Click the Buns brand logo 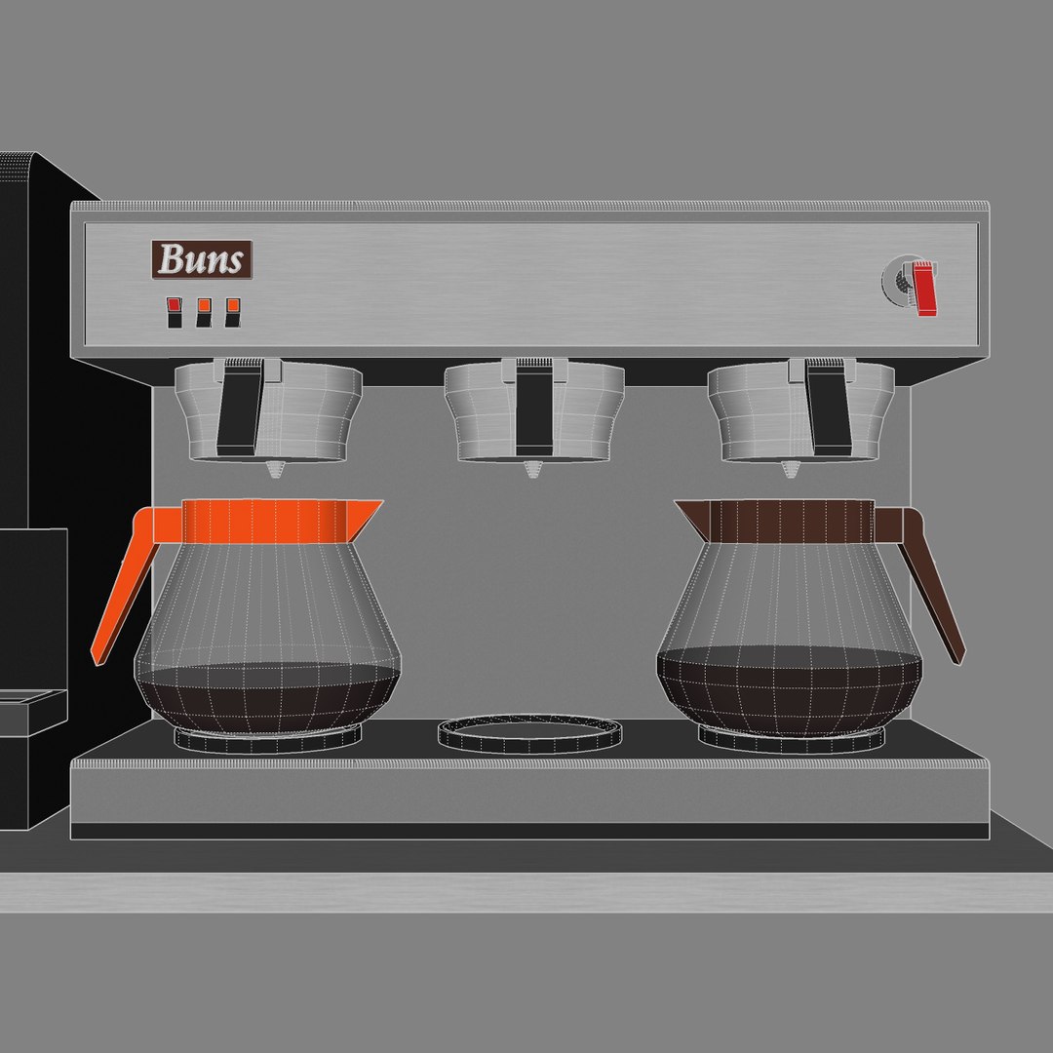pyautogui.click(x=201, y=260)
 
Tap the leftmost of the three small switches pyautogui.click(x=175, y=311)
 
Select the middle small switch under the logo pyautogui.click(x=204, y=311)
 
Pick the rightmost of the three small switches pyautogui.click(x=232, y=311)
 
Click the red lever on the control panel pyautogui.click(x=924, y=289)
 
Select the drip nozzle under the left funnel pyautogui.click(x=276, y=471)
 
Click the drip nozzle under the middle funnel pyautogui.click(x=531, y=470)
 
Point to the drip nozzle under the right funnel pyautogui.click(x=789, y=471)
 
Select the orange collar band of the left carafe pyautogui.click(x=263, y=521)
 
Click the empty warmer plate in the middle pyautogui.click(x=529, y=734)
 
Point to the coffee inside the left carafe pyautogui.click(x=267, y=697)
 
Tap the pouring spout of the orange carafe pyautogui.click(x=367, y=512)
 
